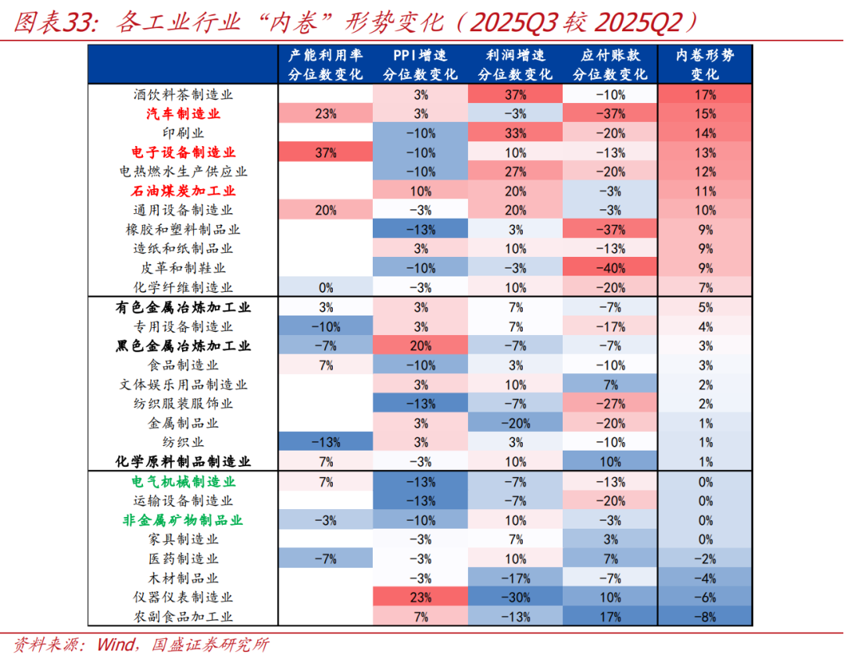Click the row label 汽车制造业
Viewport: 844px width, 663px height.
coord(183,114)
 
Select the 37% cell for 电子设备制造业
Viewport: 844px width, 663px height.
coord(325,152)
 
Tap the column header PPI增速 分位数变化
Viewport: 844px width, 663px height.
coord(420,65)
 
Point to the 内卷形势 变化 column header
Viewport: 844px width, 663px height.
coord(705,65)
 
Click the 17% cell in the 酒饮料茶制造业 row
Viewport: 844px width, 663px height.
coord(705,94)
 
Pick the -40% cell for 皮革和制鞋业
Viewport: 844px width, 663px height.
coord(610,268)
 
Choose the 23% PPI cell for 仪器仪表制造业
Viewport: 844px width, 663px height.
coord(420,597)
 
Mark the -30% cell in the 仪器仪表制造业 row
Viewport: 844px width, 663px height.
coord(515,597)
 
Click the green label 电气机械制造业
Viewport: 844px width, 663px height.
coord(183,482)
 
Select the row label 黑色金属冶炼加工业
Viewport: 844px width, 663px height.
coord(183,346)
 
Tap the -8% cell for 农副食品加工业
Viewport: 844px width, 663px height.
coord(705,617)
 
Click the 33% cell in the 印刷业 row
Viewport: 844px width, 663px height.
coord(515,133)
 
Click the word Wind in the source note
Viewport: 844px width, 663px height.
coord(116,645)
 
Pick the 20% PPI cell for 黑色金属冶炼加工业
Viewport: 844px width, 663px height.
coord(420,346)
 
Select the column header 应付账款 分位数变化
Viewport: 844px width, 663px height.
coord(610,65)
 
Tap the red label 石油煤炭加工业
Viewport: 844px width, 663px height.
coord(183,191)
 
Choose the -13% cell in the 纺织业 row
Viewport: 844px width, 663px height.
coord(325,443)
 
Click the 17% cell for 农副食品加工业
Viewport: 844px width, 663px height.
coord(610,617)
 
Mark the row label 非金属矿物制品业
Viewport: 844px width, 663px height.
coord(183,520)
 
